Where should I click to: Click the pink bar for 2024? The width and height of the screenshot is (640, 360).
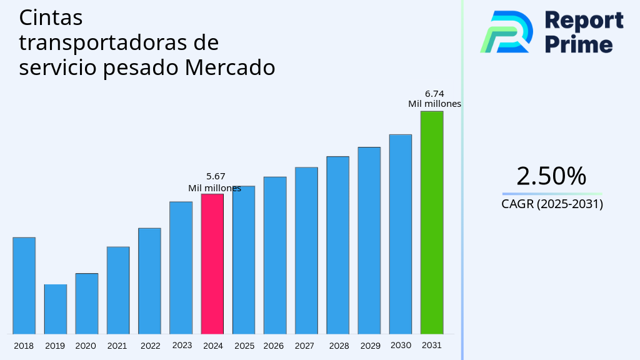click(212, 264)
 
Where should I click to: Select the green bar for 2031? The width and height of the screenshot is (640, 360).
click(431, 222)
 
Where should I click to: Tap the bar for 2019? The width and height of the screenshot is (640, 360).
click(55, 309)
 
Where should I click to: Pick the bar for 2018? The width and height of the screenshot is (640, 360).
click(24, 286)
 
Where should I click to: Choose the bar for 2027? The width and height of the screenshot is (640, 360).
click(306, 250)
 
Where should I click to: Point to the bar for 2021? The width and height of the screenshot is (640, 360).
click(118, 290)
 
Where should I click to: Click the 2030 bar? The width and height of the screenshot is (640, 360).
click(400, 234)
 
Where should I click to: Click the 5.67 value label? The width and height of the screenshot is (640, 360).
click(216, 177)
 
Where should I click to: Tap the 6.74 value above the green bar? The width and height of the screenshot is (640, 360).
click(434, 94)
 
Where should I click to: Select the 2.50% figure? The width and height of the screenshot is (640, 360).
click(551, 176)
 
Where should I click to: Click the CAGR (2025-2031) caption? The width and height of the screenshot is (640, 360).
click(552, 204)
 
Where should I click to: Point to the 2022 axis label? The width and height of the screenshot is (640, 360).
click(150, 346)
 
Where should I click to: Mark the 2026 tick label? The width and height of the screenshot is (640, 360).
click(274, 346)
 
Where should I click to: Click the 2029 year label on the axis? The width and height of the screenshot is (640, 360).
click(370, 346)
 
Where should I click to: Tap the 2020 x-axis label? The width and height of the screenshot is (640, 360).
click(86, 346)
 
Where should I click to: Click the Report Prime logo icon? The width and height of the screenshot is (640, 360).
click(507, 31)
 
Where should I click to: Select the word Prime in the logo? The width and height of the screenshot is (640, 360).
click(579, 44)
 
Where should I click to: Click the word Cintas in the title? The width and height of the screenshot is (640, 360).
click(51, 17)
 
